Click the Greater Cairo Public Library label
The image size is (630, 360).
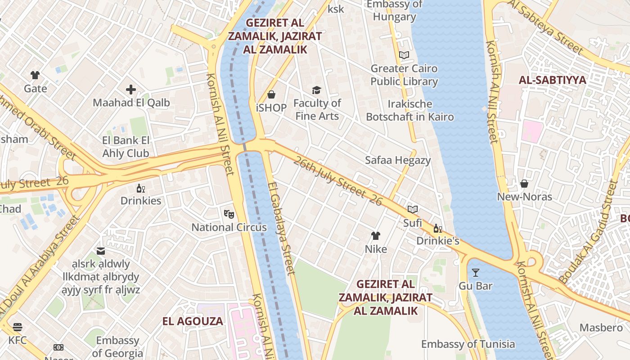click(404, 75)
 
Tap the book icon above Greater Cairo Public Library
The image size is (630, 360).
click(404, 55)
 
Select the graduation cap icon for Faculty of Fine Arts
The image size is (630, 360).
click(317, 90)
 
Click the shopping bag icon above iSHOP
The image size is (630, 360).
click(271, 94)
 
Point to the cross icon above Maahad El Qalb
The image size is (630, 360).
click(131, 90)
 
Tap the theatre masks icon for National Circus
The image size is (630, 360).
click(229, 214)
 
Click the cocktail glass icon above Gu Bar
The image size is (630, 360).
click(475, 273)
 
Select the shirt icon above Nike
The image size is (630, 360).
click(376, 236)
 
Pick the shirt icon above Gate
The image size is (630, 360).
click(35, 75)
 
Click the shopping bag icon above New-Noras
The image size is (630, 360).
click(524, 184)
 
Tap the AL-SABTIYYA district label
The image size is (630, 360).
click(553, 80)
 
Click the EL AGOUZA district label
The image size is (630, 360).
click(193, 321)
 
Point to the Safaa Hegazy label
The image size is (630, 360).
click(398, 160)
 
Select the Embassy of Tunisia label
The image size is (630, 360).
click(468, 344)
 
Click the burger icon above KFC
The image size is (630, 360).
click(18, 327)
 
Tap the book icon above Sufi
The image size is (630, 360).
click(412, 209)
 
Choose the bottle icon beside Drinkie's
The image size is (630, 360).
click(437, 228)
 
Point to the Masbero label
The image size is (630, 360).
click(601, 328)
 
